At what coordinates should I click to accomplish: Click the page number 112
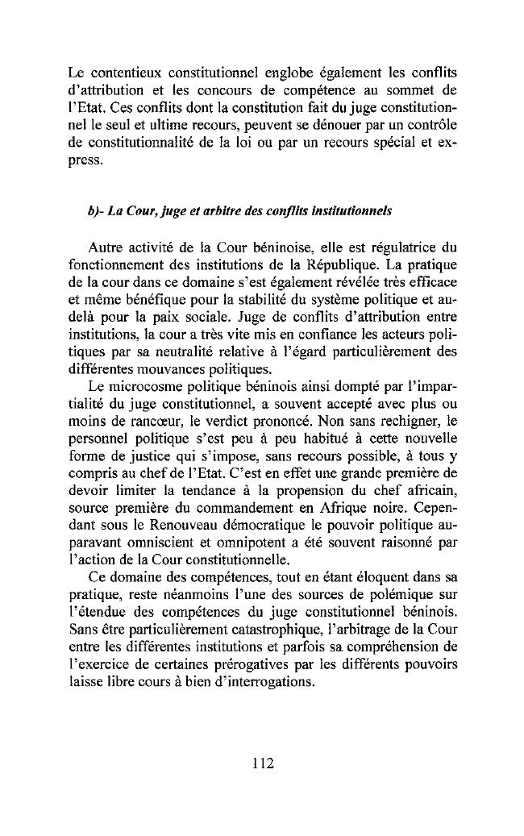(x=262, y=762)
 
